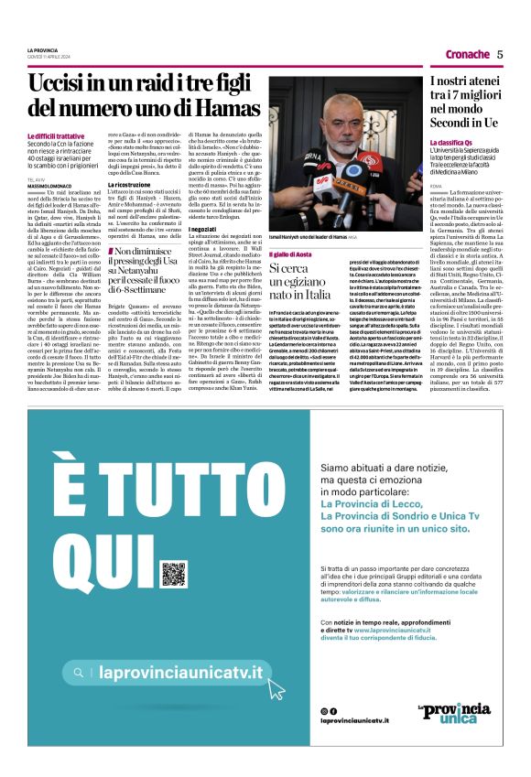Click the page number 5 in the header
click(500, 54)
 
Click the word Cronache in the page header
click(467, 54)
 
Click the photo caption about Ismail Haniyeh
click(311, 236)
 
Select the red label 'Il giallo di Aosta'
click(289, 253)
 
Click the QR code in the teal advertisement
click(174, 574)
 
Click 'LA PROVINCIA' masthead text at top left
click(42, 49)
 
